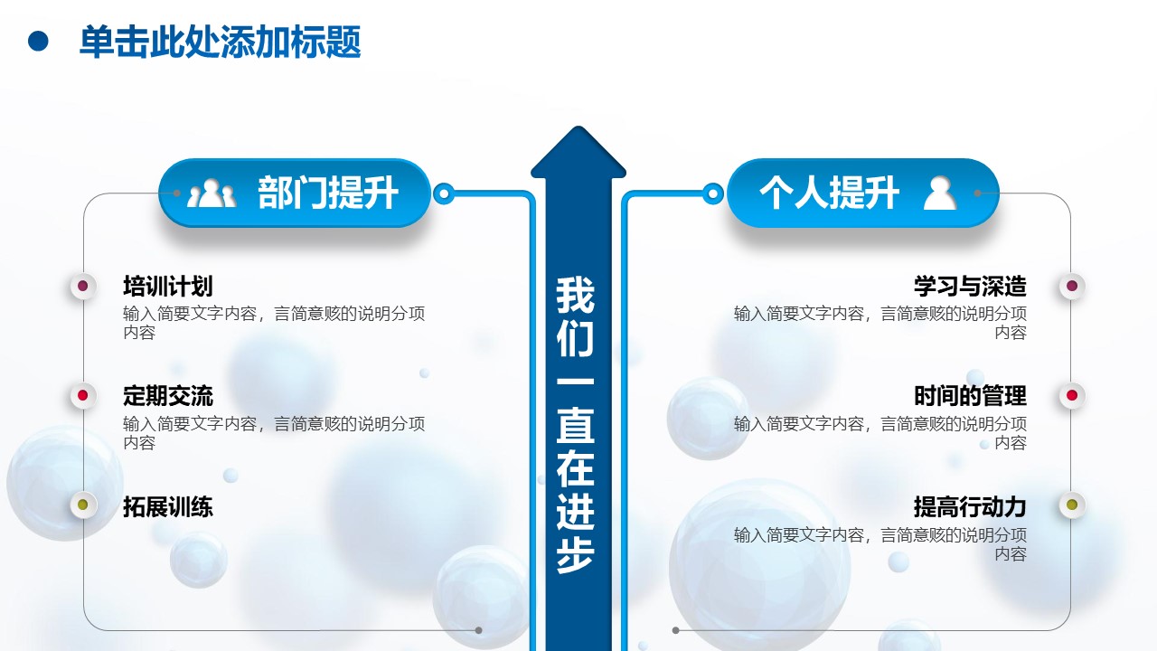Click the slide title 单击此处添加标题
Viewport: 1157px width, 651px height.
click(220, 42)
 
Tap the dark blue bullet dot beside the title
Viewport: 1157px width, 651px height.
click(38, 41)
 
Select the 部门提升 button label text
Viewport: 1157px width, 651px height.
click(328, 193)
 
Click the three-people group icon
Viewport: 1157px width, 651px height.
click(211, 193)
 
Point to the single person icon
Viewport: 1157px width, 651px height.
click(940, 193)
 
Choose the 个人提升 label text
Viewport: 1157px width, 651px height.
click(829, 193)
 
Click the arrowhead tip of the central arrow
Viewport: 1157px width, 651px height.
click(578, 136)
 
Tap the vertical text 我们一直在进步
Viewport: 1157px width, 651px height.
click(576, 425)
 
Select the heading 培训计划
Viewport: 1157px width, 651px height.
click(168, 287)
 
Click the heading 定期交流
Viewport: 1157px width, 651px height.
click(168, 396)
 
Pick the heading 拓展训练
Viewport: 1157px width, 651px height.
click(168, 506)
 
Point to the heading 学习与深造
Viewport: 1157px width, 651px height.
click(970, 287)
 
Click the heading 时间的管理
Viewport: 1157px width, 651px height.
click(970, 396)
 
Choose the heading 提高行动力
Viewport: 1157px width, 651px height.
click(970, 506)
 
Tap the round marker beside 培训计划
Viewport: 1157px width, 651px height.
click(83, 287)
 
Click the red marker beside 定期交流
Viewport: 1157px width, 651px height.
click(83, 395)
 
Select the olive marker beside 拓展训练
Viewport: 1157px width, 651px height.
click(83, 505)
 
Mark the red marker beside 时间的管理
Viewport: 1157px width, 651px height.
click(1072, 395)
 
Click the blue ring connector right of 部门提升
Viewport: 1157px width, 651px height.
click(443, 193)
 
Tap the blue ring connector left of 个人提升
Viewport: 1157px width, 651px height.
click(713, 193)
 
